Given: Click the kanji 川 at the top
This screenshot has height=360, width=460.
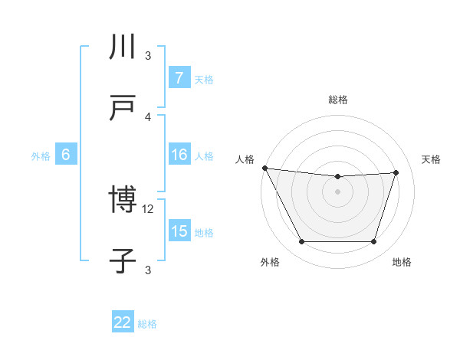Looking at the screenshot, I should click(x=123, y=47).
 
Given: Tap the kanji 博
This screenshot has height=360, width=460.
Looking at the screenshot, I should click(x=123, y=201).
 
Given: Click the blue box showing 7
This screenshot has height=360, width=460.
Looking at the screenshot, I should click(x=179, y=78).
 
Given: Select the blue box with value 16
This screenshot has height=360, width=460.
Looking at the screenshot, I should click(x=179, y=155).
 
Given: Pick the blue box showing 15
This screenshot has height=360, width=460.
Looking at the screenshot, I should click(x=179, y=231).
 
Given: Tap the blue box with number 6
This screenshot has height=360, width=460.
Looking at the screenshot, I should click(x=65, y=155).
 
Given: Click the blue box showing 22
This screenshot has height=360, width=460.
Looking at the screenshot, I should click(x=123, y=322).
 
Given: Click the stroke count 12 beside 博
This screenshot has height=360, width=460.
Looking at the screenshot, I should click(x=149, y=208).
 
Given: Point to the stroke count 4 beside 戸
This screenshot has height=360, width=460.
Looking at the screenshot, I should click(x=148, y=116).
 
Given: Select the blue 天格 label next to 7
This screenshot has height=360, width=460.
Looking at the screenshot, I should click(x=204, y=79).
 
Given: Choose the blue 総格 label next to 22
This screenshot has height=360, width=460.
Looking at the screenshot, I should click(x=147, y=323).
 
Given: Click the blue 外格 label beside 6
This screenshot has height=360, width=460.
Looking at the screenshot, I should click(x=41, y=155).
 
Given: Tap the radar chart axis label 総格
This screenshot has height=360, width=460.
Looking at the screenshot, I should click(x=338, y=100).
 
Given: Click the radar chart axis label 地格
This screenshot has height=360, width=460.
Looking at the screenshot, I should click(x=402, y=263).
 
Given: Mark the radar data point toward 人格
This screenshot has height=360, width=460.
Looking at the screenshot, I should click(x=264, y=168).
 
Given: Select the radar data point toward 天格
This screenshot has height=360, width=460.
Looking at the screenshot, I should click(x=396, y=172).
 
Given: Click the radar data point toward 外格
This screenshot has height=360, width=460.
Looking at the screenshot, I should click(x=301, y=242).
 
